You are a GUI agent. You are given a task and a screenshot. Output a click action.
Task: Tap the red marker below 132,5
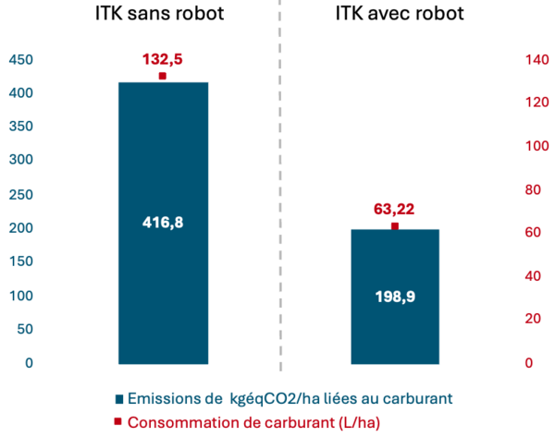(162, 76)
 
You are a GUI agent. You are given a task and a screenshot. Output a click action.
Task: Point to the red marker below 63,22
(394, 226)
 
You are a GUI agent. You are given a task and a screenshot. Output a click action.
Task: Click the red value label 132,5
(162, 59)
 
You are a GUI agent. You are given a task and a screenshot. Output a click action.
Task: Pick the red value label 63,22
(394, 210)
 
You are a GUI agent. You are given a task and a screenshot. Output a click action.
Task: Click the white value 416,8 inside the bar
(163, 223)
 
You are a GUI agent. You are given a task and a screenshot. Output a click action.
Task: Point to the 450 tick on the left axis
(21, 60)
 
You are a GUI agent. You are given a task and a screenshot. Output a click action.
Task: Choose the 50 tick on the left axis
(25, 329)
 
